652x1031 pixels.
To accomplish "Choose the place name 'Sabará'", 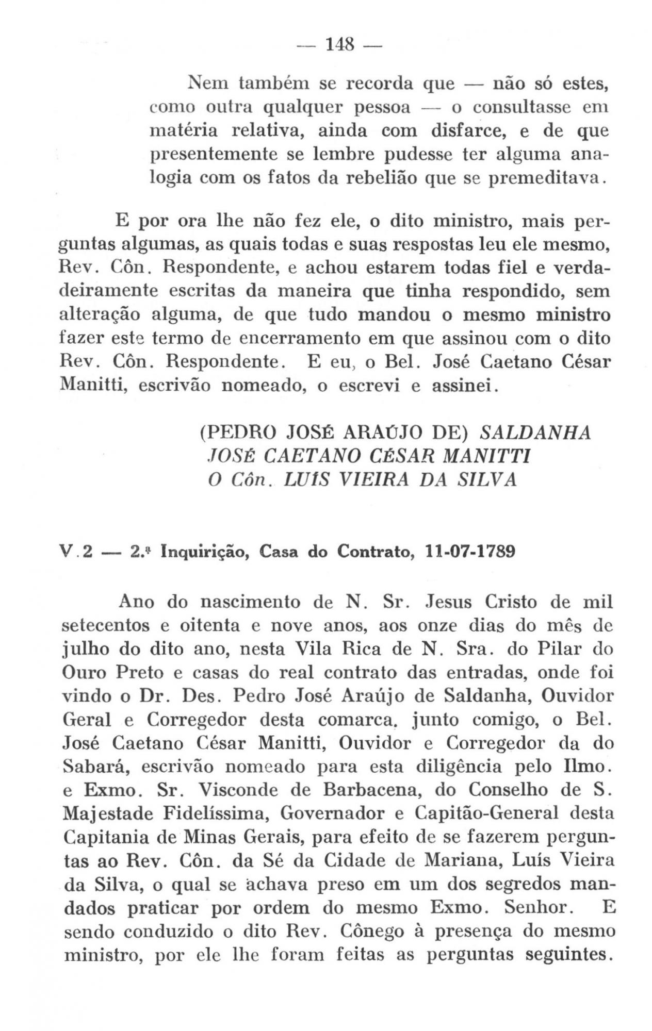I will pyautogui.click(x=92, y=767).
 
